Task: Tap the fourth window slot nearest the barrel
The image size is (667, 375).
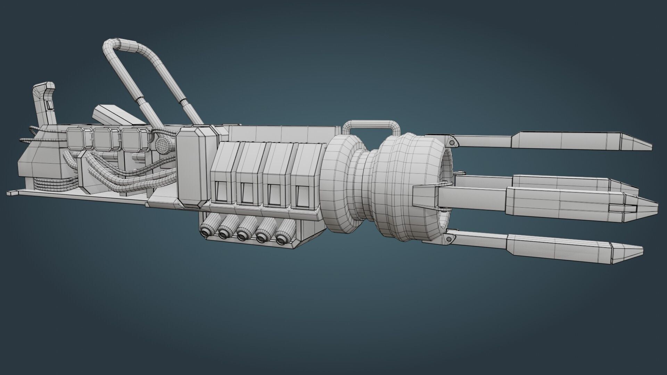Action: coord(302,195)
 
